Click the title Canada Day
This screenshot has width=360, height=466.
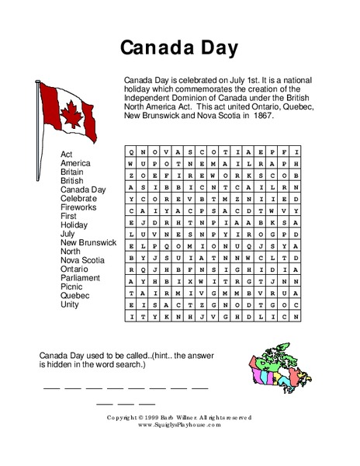(x=180, y=48)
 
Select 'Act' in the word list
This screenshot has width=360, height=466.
(x=67, y=154)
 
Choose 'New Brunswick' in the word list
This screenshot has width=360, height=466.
(x=88, y=242)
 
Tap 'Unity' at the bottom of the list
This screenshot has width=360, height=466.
(x=71, y=305)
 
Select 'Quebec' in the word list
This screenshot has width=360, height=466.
(x=76, y=295)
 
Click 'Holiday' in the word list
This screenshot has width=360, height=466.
(x=76, y=225)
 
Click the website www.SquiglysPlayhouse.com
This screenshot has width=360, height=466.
(x=180, y=425)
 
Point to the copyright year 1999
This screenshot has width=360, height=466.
(x=155, y=418)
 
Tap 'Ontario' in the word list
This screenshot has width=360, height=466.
(x=77, y=268)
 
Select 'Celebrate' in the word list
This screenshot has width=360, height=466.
(x=79, y=199)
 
